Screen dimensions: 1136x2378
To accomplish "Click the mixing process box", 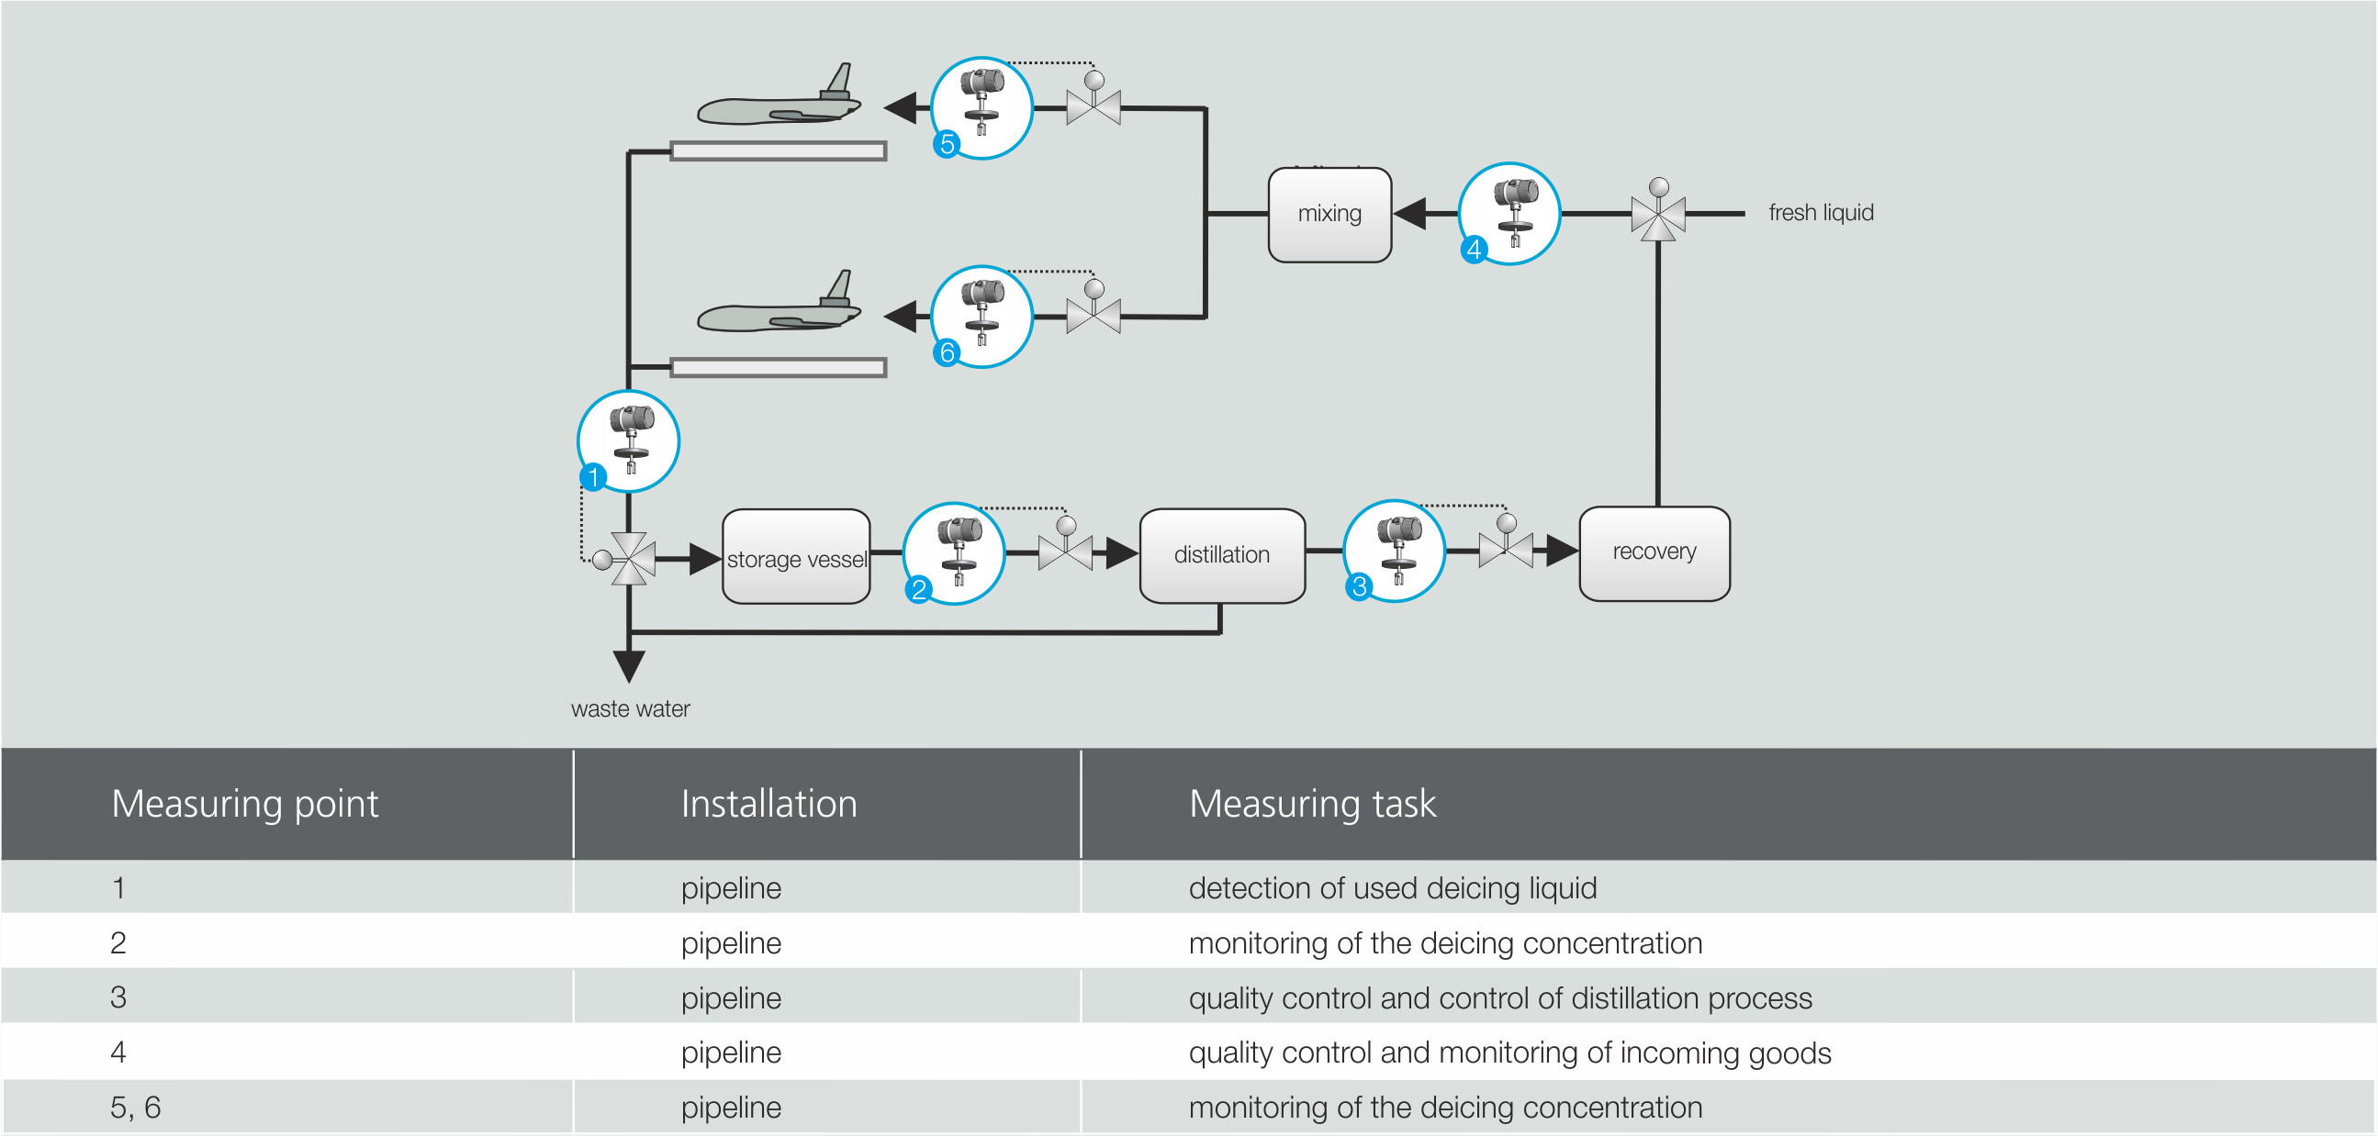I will (x=1329, y=214).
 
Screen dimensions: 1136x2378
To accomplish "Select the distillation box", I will (x=1221, y=554).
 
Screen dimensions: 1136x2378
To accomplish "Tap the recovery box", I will (x=1655, y=551).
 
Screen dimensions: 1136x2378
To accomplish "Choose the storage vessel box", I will (x=796, y=557).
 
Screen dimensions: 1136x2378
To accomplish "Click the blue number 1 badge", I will (x=592, y=477).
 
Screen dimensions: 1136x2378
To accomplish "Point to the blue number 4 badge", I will (x=1474, y=250).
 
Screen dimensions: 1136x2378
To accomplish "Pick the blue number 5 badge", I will (x=947, y=144).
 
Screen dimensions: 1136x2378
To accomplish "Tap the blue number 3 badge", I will (x=1358, y=586).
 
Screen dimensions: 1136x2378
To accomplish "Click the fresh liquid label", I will (x=1821, y=213).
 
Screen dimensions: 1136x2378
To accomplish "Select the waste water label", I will (x=630, y=708).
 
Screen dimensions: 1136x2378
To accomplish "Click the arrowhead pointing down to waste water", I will (x=629, y=664).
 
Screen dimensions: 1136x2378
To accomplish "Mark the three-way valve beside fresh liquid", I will (x=1658, y=213).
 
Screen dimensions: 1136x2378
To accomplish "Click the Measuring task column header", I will (x=1312, y=803).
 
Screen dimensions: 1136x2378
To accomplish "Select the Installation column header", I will (x=768, y=803).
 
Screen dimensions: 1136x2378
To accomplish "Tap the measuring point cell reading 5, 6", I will (x=136, y=1107).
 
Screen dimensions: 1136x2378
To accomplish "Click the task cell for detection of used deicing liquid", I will (x=1392, y=887).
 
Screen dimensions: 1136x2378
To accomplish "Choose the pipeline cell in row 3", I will (x=731, y=997).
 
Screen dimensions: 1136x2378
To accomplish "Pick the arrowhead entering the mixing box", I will (x=1409, y=213).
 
